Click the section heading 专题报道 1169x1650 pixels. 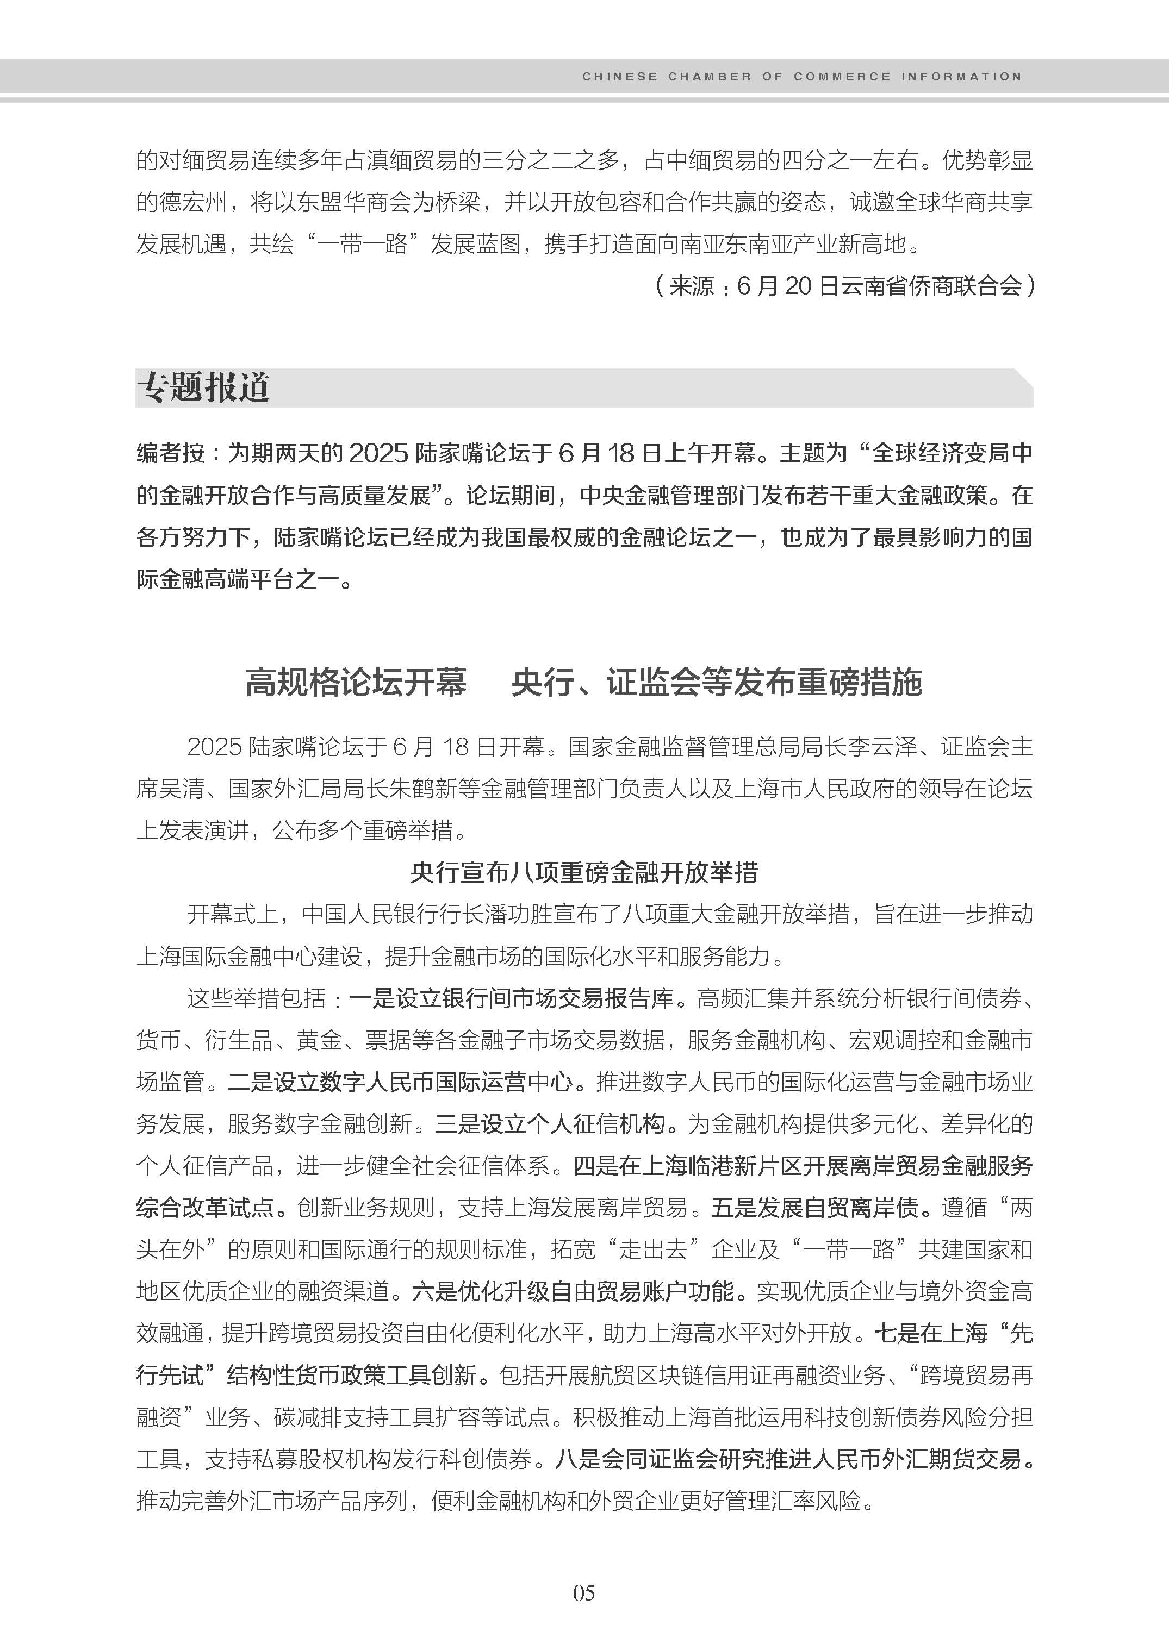[x=204, y=388]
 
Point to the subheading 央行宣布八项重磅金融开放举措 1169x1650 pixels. [x=584, y=873]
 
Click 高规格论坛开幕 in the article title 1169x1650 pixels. [x=356, y=682]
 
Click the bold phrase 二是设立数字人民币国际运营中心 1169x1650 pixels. [x=401, y=1082]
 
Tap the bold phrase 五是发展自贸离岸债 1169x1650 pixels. [x=815, y=1208]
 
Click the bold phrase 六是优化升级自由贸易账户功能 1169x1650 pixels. [x=574, y=1292]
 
